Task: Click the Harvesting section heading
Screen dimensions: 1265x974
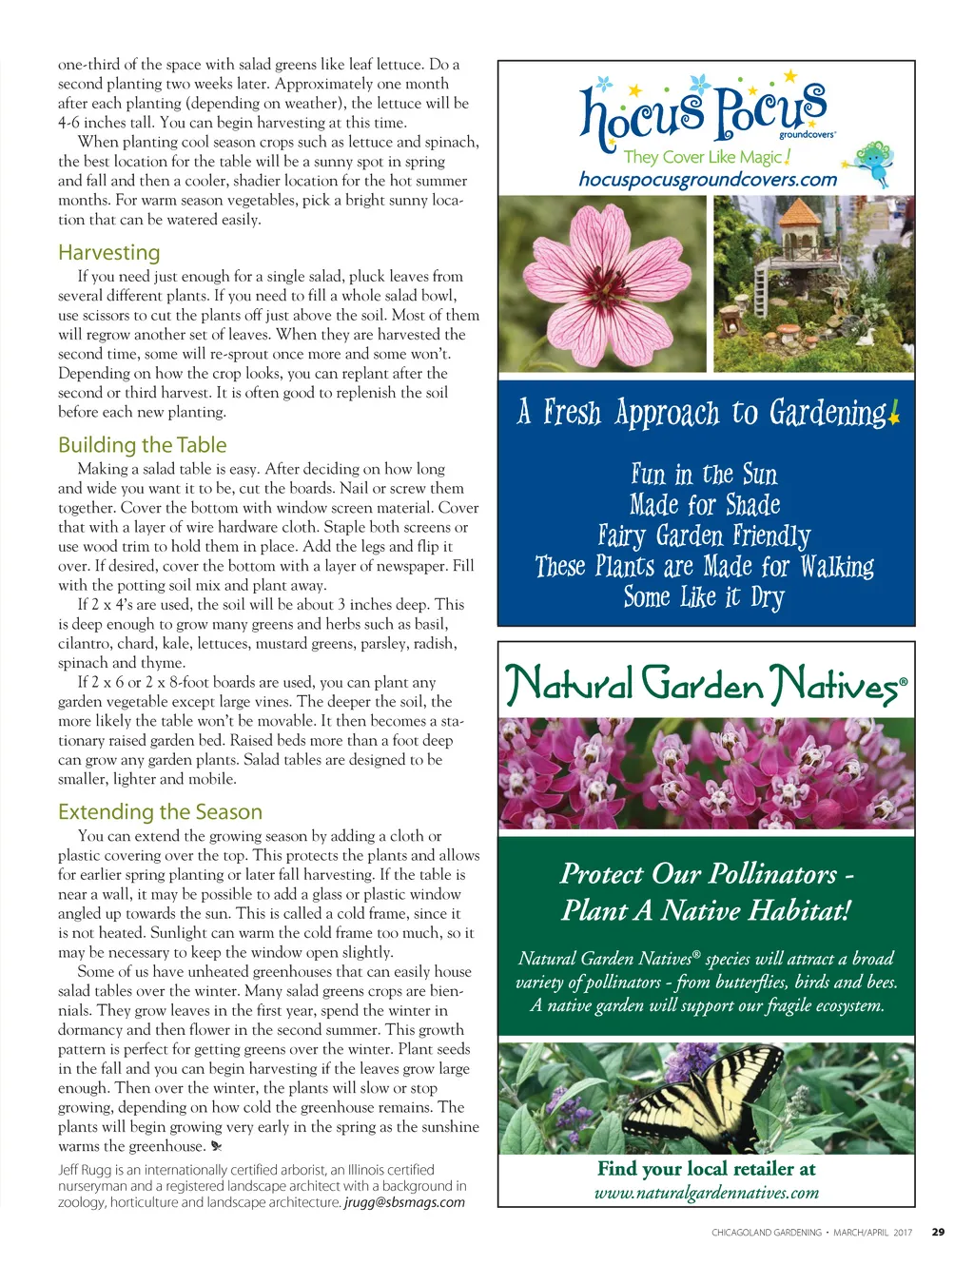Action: point(108,253)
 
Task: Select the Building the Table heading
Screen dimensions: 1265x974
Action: point(142,445)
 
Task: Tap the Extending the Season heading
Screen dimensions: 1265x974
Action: point(160,812)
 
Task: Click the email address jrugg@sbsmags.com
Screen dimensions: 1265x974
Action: point(404,1202)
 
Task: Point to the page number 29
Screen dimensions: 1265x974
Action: point(938,1232)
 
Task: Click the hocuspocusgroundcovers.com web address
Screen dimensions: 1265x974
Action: point(708,179)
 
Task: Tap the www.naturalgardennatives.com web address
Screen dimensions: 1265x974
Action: point(706,1193)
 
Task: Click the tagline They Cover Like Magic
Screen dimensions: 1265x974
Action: point(706,157)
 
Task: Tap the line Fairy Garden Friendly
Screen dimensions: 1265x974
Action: point(704,536)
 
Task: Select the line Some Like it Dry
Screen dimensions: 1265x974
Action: point(704,597)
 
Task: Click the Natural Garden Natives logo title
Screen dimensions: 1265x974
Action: point(706,684)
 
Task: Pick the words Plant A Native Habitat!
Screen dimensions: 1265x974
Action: point(706,910)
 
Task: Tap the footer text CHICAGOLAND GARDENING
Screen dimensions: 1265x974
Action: point(766,1233)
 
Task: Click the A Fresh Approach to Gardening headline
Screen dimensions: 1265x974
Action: point(706,413)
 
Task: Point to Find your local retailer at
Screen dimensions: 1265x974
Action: point(706,1169)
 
